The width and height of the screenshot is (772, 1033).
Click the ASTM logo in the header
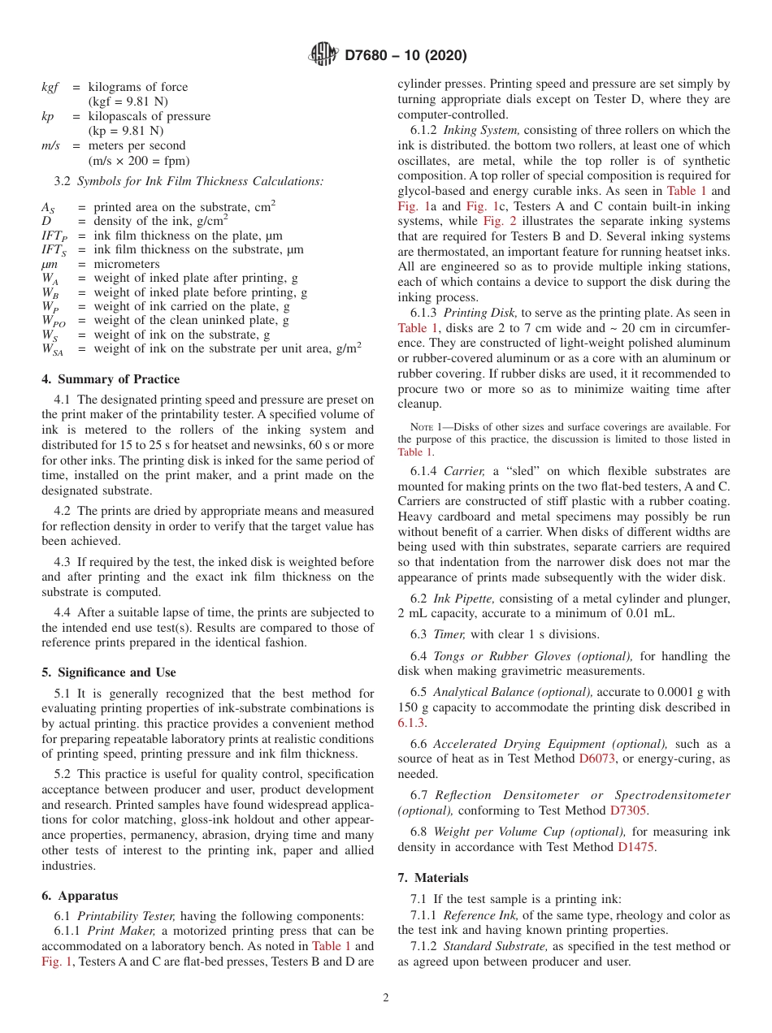point(325,55)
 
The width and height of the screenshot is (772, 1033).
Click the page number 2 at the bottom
point(386,998)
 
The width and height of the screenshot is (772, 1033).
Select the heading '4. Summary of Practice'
point(111,379)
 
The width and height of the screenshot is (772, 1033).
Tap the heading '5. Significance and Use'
point(109,672)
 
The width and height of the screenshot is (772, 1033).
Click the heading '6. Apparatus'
point(80,896)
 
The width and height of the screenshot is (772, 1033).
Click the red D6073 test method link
point(596,759)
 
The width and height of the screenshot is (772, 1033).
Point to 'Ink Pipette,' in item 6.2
point(464,599)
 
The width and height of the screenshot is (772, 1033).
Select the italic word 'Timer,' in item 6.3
point(449,635)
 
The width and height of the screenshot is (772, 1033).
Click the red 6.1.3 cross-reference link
point(412,722)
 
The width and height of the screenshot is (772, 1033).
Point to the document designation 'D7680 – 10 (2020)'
point(406,56)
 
